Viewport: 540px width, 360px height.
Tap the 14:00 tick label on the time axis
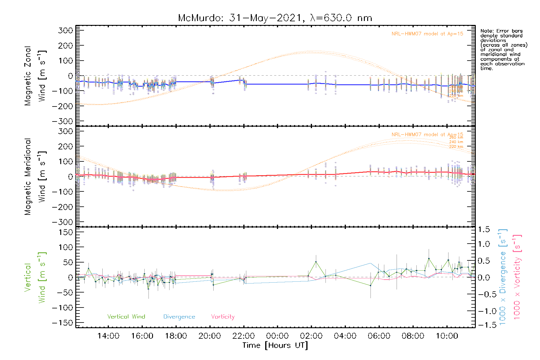tap(108, 336)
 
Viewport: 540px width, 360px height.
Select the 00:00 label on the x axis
tap(277, 336)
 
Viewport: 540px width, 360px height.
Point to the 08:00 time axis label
tap(413, 336)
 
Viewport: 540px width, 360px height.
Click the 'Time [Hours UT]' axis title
tap(275, 345)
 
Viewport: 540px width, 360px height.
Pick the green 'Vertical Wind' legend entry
tap(126, 316)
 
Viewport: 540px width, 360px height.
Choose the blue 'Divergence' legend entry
tap(179, 316)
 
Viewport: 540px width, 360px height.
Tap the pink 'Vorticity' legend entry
tap(223, 316)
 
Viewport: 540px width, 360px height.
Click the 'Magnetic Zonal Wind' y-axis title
tap(35, 76)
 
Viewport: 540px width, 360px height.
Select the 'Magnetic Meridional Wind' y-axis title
tap(35, 177)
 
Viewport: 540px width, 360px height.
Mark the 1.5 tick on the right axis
tap(484, 229)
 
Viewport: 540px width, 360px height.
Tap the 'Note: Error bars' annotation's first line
tap(501, 31)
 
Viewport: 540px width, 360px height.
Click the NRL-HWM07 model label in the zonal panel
tap(427, 34)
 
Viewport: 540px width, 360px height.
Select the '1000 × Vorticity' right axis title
tap(517, 277)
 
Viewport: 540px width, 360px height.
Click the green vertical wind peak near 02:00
tap(316, 262)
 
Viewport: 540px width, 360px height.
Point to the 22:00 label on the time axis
tap(244, 336)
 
